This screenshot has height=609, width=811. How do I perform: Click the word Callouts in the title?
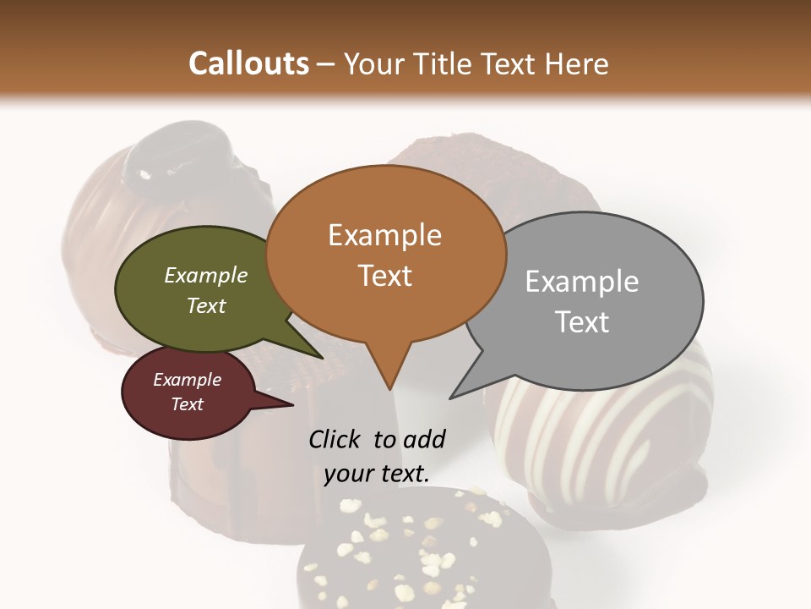(x=248, y=63)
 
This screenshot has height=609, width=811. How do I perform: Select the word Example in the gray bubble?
(x=582, y=282)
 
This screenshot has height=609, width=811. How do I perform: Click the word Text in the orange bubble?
(x=385, y=276)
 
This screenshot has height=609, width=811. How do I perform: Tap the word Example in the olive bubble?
(x=205, y=275)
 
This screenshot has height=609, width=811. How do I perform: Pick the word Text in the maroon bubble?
(x=187, y=404)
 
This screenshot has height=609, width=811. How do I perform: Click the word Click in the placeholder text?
(x=336, y=439)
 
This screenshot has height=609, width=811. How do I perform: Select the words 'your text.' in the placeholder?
(x=377, y=474)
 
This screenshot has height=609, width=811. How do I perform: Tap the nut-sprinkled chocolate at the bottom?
(x=422, y=550)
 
